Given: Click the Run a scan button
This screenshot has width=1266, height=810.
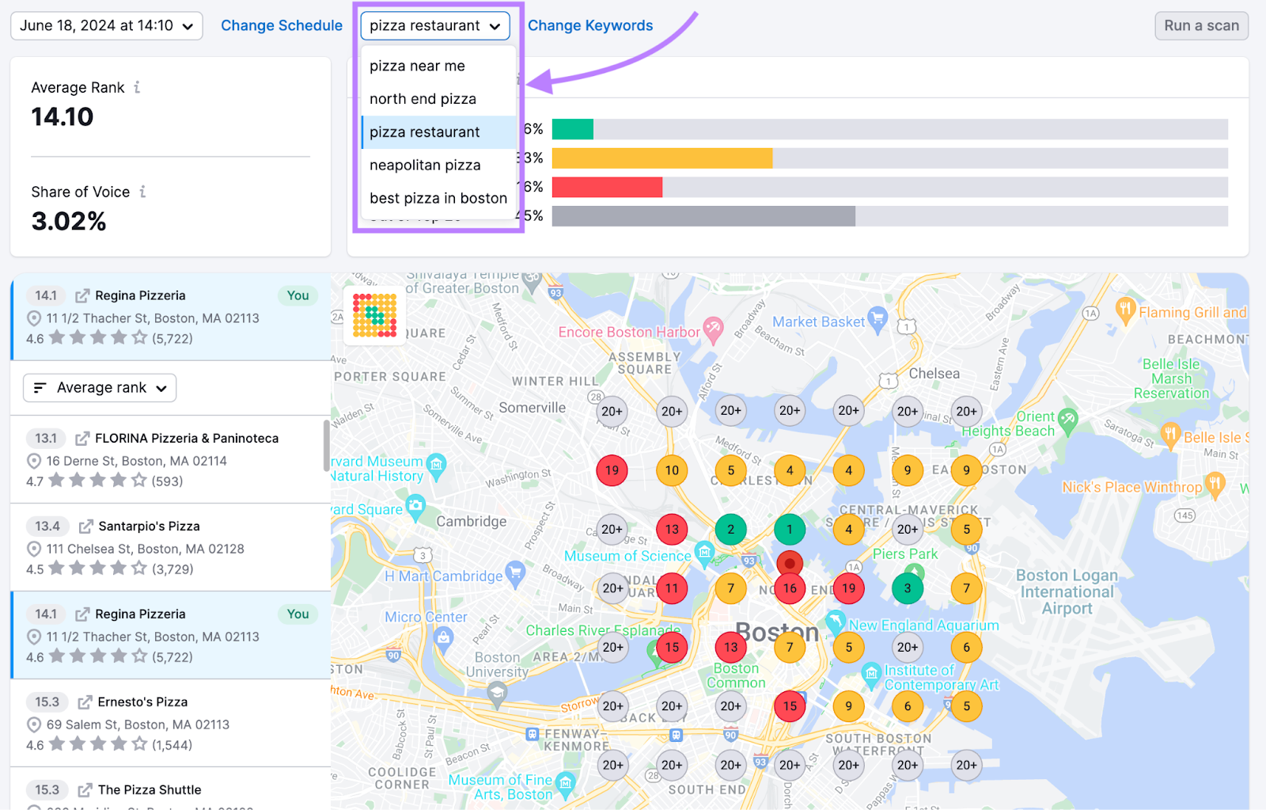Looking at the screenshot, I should click(x=1200, y=25).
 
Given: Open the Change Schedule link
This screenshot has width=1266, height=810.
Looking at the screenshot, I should click(x=281, y=25).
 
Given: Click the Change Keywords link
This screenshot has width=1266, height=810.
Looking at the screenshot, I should click(x=589, y=25).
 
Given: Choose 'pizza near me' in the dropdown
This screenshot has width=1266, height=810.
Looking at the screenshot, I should click(x=417, y=66).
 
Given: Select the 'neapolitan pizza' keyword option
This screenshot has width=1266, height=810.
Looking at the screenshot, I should click(x=425, y=165).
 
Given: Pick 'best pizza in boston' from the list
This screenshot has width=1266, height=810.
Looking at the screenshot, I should click(x=438, y=198).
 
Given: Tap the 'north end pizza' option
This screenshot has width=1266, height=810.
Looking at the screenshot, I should click(x=423, y=99).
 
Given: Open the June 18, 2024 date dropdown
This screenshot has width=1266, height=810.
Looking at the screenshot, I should click(x=106, y=25).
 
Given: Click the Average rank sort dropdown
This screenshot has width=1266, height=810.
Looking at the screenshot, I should click(x=100, y=388).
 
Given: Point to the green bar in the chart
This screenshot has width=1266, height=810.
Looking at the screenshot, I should click(x=572, y=129).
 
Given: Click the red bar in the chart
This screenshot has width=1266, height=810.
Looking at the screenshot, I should click(x=607, y=187).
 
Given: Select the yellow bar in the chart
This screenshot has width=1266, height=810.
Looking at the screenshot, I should click(x=661, y=158).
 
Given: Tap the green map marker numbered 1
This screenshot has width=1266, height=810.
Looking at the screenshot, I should click(x=789, y=529).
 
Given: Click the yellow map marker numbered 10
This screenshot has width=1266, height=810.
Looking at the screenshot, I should click(x=672, y=470).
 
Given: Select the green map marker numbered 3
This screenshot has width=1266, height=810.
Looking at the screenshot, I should click(x=908, y=588).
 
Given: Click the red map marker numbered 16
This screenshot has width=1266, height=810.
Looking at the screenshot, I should click(x=789, y=588).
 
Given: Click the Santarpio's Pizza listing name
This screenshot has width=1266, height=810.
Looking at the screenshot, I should click(x=149, y=526).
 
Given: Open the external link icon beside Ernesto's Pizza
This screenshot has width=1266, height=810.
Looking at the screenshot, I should click(x=85, y=702).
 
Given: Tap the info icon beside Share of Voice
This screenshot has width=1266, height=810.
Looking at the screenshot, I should click(x=142, y=192).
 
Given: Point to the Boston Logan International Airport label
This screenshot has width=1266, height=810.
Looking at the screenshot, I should click(x=1067, y=591).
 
